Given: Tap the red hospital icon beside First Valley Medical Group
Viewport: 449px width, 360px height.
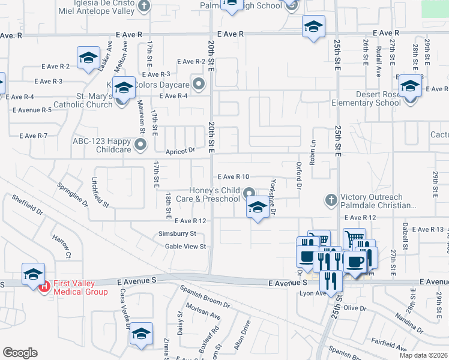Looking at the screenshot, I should pyautogui.click(x=44, y=287).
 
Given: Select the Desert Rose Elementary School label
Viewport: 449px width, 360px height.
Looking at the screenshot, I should pyautogui.click(x=366, y=98).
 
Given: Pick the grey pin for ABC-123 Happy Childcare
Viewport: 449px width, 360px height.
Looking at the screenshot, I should pyautogui.click(x=140, y=144).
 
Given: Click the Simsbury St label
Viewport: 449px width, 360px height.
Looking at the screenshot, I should pyautogui.click(x=177, y=233).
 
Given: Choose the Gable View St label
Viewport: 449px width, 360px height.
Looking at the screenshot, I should pyautogui.click(x=185, y=247).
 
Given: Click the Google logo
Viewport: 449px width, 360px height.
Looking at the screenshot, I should pyautogui.click(x=20, y=353).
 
